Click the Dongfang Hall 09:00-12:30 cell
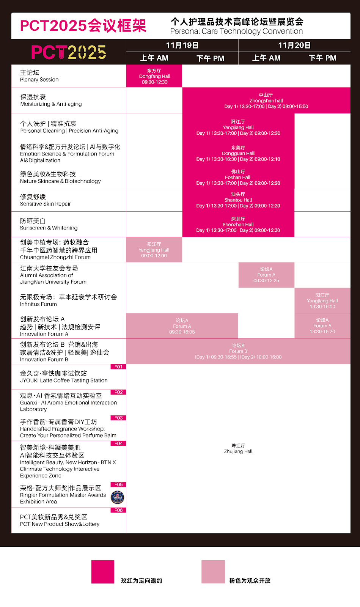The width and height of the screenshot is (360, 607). coord(154,76)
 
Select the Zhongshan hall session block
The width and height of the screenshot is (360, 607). coord(266,101)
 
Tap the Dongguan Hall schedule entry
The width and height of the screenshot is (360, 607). coord(238,153)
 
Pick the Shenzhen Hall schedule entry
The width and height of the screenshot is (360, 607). coord(238,224)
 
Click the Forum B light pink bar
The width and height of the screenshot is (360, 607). coord(238,351)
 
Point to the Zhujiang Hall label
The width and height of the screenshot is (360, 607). coord(238,448)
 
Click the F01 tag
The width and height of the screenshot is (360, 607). coord(118,367)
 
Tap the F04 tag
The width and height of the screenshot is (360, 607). coord(118,443)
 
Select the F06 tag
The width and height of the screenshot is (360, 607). coord(118,510)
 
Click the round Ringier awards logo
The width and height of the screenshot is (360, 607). coord(117,497)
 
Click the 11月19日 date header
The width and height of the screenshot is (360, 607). coord(182,45)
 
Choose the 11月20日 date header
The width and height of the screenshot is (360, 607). coord(294,45)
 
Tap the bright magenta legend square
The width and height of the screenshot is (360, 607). coord(103,572)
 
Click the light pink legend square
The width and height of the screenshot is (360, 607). coord(213,572)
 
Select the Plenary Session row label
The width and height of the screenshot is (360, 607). coord(39,76)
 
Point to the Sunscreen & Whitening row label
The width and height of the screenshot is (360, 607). coord(49,224)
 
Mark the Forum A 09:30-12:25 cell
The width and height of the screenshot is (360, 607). coord(266,275)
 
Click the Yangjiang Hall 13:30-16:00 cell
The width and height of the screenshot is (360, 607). coord(322,300)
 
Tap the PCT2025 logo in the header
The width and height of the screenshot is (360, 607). coord(69,52)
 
